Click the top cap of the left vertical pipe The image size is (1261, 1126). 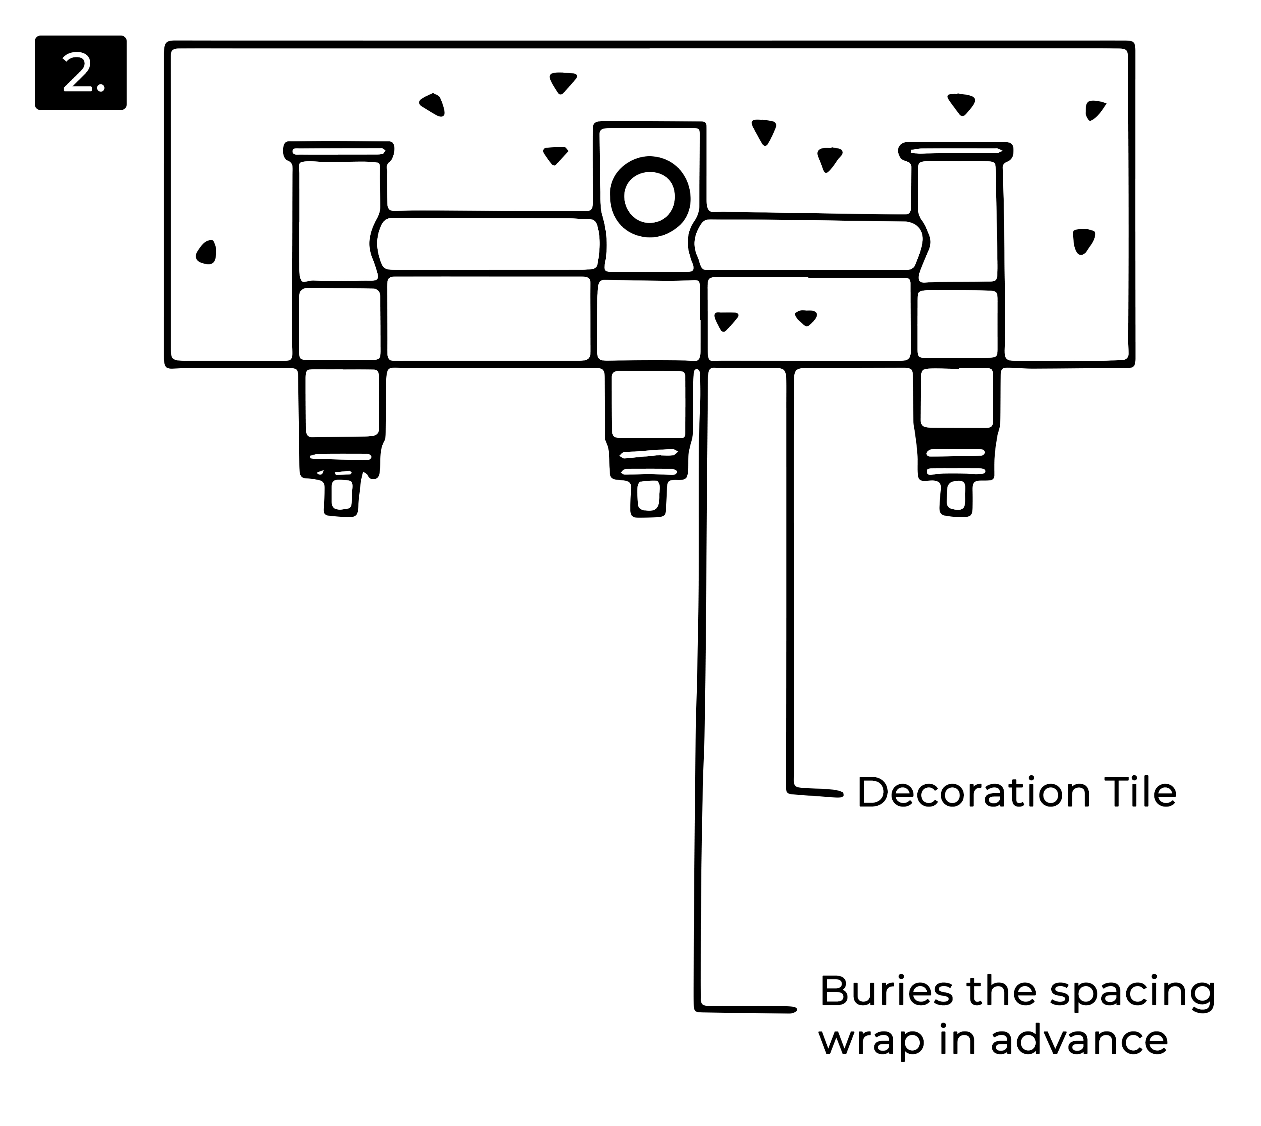click(x=339, y=150)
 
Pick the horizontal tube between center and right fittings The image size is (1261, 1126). click(x=808, y=245)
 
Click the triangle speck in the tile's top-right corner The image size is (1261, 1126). click(x=1095, y=109)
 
